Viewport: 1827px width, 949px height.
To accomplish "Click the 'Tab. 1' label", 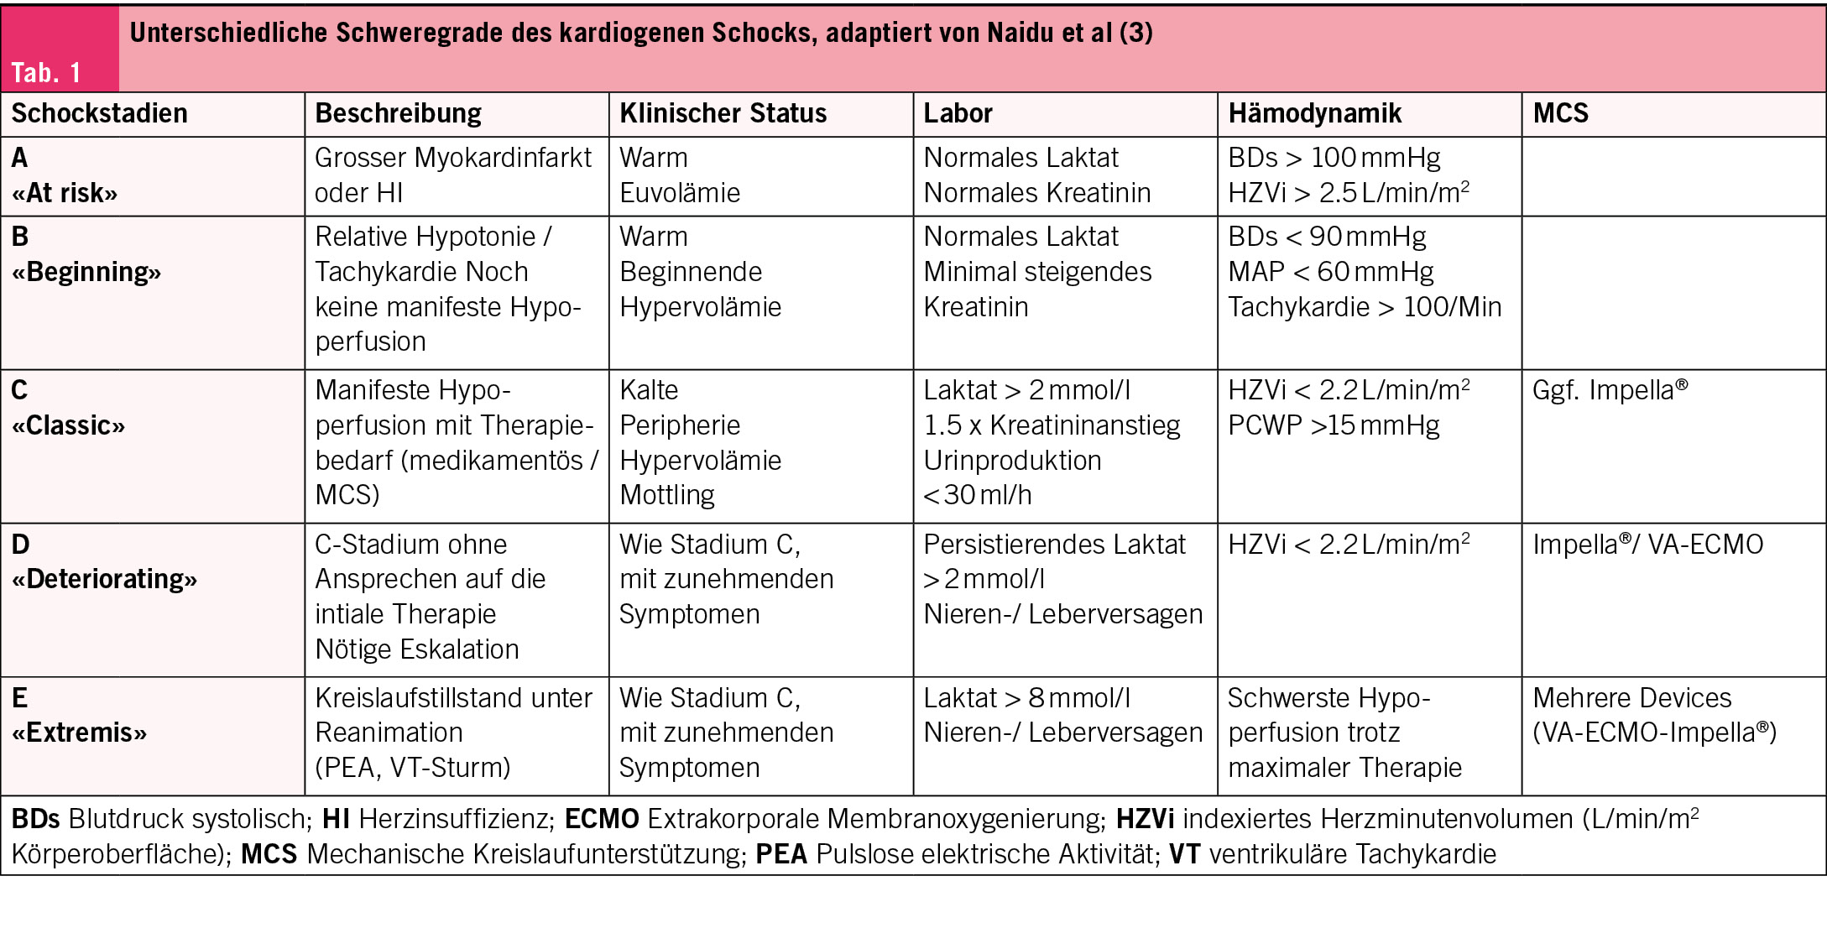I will tap(46, 73).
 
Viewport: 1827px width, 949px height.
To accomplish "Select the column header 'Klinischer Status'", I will tap(723, 113).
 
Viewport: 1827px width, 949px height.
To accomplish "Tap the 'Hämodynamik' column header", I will tap(1314, 113).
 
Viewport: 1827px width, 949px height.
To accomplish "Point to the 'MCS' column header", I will tap(1560, 113).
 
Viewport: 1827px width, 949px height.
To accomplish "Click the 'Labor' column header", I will tap(958, 113).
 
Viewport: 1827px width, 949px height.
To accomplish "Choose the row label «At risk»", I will tap(65, 193).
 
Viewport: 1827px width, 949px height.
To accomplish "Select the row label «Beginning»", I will tap(86, 272).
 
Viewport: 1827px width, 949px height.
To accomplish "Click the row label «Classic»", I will tap(68, 425).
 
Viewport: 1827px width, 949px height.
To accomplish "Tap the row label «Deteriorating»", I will tap(104, 579).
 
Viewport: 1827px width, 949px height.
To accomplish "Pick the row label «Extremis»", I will tap(79, 733).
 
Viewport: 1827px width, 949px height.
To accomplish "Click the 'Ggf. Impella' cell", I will tap(1610, 390).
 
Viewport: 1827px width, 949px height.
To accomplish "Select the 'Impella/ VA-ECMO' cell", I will tap(1647, 545).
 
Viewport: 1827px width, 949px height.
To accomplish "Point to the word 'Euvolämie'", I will tap(680, 193).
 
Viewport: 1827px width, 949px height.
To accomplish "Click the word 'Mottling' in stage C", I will tap(667, 495).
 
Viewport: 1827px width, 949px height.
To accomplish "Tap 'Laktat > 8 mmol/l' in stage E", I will tap(1027, 698).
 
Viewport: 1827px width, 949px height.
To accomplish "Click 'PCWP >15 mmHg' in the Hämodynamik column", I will tap(1334, 425).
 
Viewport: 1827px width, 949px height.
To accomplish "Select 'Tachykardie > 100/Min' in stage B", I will tap(1365, 307).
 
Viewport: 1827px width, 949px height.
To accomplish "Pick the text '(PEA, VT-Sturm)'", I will tap(413, 768).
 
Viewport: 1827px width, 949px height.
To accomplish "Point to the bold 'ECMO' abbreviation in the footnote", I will tap(602, 819).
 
